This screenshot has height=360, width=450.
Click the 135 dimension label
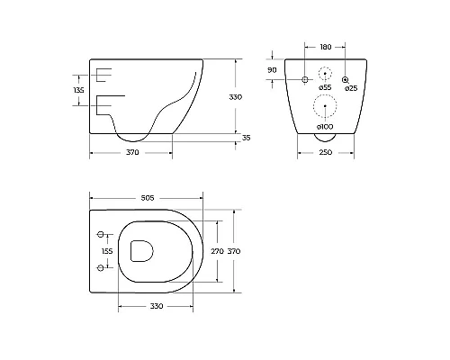point(78,90)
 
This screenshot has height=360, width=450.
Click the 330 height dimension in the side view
point(236,97)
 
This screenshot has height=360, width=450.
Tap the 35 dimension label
point(246,138)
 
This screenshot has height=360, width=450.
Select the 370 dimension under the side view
point(132,152)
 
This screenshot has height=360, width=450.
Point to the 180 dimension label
point(326,47)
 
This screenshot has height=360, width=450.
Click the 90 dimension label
point(272,70)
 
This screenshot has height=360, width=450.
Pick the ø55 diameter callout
point(325,87)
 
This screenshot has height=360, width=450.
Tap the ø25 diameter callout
point(351,88)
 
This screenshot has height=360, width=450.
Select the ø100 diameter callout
point(325,127)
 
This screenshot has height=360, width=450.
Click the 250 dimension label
point(326,152)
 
